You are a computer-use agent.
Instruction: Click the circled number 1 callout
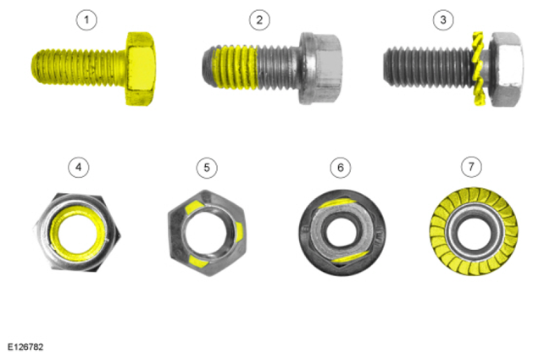tap(86, 19)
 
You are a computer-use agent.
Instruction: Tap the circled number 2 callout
tap(259, 19)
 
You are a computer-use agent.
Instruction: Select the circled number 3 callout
tap(443, 19)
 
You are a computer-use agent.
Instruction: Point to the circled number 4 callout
tap(79, 167)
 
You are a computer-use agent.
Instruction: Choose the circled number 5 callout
tap(207, 168)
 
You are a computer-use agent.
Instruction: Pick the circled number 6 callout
tap(341, 168)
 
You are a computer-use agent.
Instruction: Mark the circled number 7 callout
tap(471, 167)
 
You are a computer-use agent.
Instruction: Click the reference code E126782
tap(25, 347)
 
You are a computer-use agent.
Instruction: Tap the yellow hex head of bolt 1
tap(141, 69)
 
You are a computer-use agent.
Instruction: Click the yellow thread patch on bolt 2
tap(235, 67)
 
